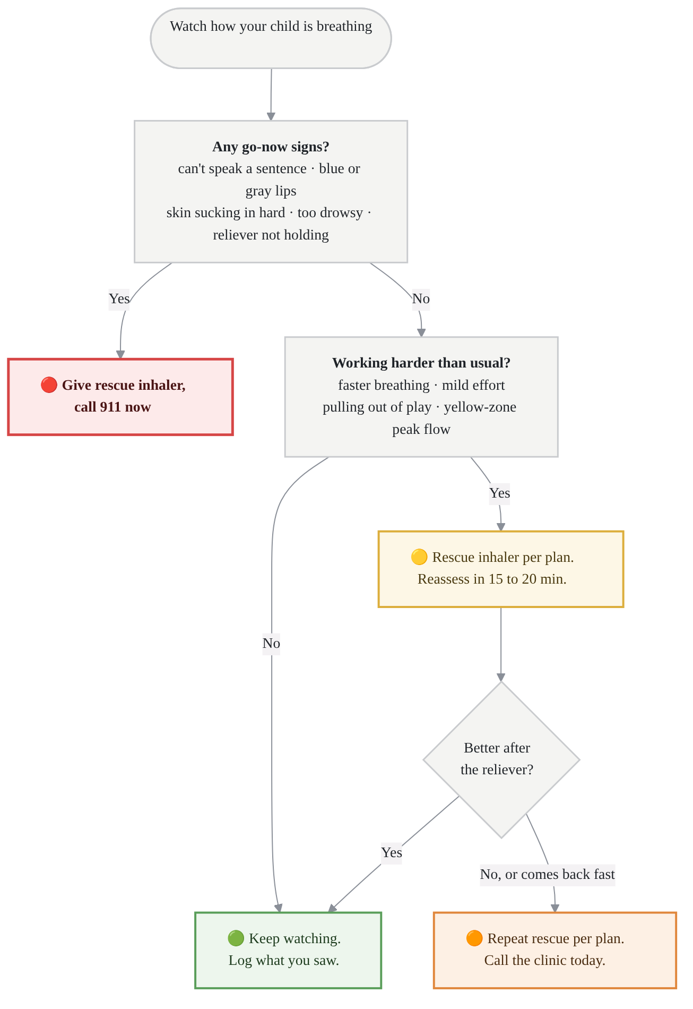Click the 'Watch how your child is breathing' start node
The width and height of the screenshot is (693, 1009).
pyautogui.click(x=271, y=38)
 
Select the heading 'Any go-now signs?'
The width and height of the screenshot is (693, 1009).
pyautogui.click(x=271, y=147)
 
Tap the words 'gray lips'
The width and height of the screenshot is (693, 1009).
pyautogui.click(x=271, y=191)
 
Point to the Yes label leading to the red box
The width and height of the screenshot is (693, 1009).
pyautogui.click(x=119, y=298)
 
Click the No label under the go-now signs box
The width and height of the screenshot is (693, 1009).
pyautogui.click(x=421, y=298)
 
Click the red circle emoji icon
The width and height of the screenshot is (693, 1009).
pyautogui.click(x=49, y=385)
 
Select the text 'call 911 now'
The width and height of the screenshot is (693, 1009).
pyautogui.click(x=112, y=407)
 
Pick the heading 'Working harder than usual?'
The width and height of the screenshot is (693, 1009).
pyautogui.click(x=421, y=363)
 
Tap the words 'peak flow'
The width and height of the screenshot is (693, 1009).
pyautogui.click(x=421, y=429)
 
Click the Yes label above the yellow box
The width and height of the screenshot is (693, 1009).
pyautogui.click(x=499, y=493)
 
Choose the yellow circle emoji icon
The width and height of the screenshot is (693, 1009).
pyautogui.click(x=419, y=557)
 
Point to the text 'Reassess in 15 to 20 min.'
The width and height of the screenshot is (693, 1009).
pyautogui.click(x=492, y=579)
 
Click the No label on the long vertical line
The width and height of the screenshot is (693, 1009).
pyautogui.click(x=271, y=644)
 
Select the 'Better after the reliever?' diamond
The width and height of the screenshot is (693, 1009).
pyautogui.click(x=501, y=760)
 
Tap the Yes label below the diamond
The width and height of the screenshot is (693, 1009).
pyautogui.click(x=392, y=852)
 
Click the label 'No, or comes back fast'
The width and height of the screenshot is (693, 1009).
pyautogui.click(x=548, y=874)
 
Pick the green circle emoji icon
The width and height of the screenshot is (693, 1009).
pyautogui.click(x=236, y=938)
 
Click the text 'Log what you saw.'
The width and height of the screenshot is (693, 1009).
pyautogui.click(x=284, y=960)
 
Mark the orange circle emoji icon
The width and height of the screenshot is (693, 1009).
pyautogui.click(x=474, y=938)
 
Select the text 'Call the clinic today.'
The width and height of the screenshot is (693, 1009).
pyautogui.click(x=545, y=960)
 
